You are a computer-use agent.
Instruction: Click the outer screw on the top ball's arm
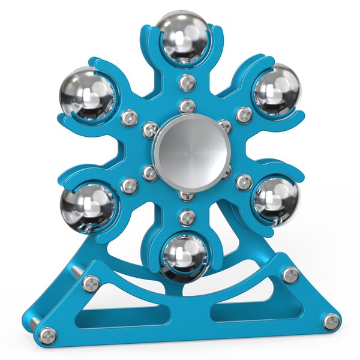pyautogui.click(x=185, y=81)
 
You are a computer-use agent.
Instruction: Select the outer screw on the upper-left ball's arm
pyautogui.click(x=128, y=115)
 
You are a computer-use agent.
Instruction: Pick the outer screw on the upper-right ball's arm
pyautogui.click(x=243, y=113)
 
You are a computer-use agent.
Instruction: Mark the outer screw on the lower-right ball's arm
pyautogui.click(x=243, y=180)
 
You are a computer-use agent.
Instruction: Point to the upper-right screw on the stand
pyautogui.click(x=290, y=275)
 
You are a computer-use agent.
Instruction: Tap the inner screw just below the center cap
pyautogui.click(x=186, y=194)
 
